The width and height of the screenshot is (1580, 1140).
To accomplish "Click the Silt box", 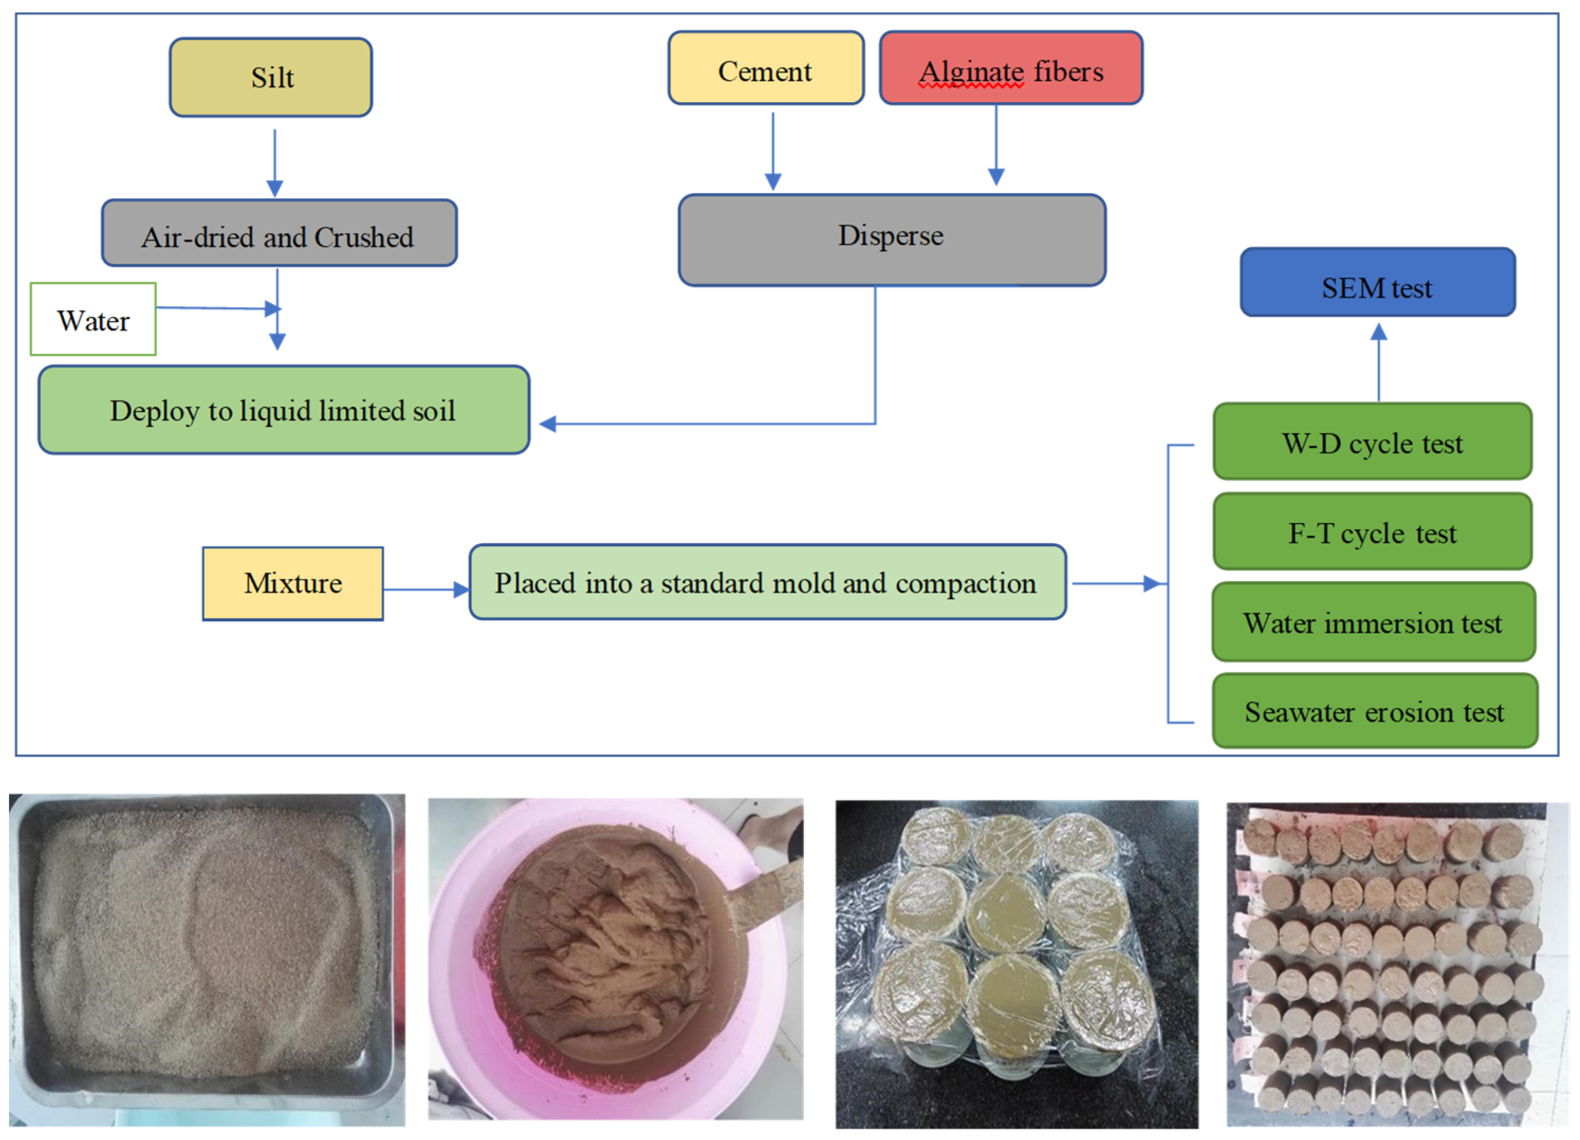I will pyautogui.click(x=271, y=77).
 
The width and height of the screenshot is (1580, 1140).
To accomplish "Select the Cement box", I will pyautogui.click(x=766, y=68).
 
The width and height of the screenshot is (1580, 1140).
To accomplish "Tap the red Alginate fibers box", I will pyautogui.click(x=1010, y=68).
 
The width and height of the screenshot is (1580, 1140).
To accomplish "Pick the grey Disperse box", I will pyautogui.click(x=891, y=240).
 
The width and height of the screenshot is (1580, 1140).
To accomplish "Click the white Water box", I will pyautogui.click(x=94, y=320).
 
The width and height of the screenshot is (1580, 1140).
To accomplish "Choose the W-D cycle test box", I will pyautogui.click(x=1372, y=442).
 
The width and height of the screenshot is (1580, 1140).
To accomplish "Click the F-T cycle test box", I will pyautogui.click(x=1372, y=532).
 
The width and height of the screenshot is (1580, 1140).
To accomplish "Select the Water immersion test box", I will pyautogui.click(x=1373, y=622).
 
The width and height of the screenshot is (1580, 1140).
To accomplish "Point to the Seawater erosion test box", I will pyautogui.click(x=1374, y=711).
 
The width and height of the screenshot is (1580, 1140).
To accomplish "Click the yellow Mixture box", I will pyautogui.click(x=293, y=584).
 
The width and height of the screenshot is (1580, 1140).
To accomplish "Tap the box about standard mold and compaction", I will pyautogui.click(x=767, y=582).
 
